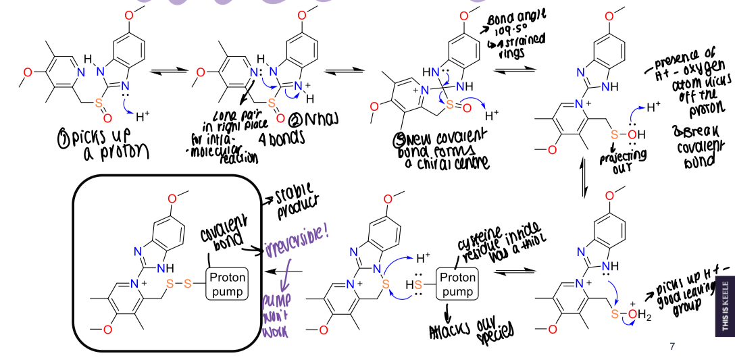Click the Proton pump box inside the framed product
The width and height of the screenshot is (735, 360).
point(229,284)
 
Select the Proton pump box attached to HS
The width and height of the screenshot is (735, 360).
point(458,285)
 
